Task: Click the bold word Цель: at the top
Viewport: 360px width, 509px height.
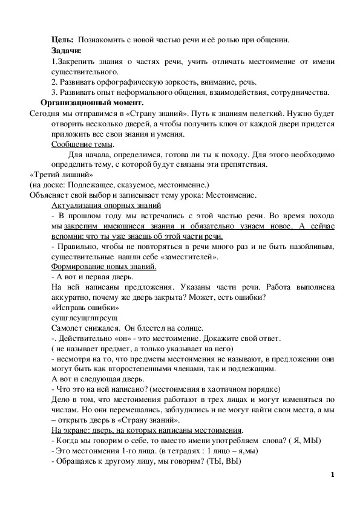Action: pyautogui.click(x=62, y=40)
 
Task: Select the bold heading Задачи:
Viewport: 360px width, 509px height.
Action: pyautogui.click(x=67, y=51)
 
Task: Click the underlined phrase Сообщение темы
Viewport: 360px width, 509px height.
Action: pyautogui.click(x=83, y=144)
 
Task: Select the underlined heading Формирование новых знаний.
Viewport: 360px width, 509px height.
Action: pyautogui.click(x=96, y=267)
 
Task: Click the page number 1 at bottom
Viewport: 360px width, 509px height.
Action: pyautogui.click(x=332, y=474)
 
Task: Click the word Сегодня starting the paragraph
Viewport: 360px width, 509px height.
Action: pyautogui.click(x=46, y=113)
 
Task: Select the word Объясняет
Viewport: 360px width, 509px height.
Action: pyautogui.click(x=50, y=195)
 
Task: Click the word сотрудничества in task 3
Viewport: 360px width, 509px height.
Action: pyautogui.click(x=298, y=92)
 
